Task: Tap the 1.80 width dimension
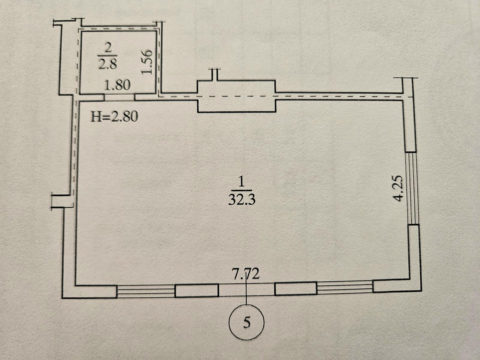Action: (x=117, y=85)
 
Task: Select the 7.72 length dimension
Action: (x=246, y=274)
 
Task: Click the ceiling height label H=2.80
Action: (x=114, y=117)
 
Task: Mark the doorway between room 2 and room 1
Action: (x=119, y=97)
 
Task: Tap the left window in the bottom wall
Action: (x=145, y=291)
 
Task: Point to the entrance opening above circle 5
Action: (x=247, y=289)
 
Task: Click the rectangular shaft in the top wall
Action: (x=236, y=96)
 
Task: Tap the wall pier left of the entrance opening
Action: (x=197, y=290)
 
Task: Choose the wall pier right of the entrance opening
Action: (x=296, y=289)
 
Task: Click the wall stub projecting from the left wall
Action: (x=62, y=200)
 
